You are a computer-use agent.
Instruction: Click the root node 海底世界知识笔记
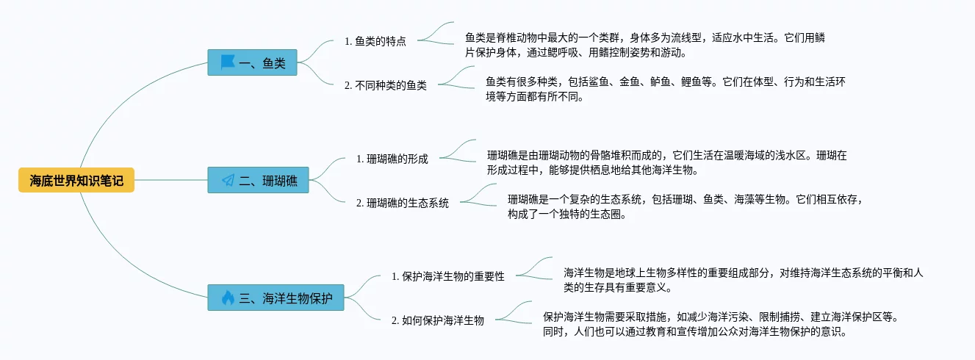[x=76, y=179]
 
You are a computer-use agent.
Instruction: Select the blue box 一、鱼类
[x=252, y=63]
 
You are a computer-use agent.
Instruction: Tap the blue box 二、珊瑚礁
[x=258, y=180]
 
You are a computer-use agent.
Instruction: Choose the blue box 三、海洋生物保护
[x=276, y=298]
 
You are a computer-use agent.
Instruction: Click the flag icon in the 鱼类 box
[x=228, y=63]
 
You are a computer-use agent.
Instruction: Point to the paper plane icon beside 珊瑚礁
[x=228, y=180]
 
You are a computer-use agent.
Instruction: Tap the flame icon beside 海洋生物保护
[x=228, y=298]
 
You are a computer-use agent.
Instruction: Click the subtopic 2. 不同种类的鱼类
[x=385, y=85]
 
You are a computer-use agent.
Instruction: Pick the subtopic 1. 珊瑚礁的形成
[x=392, y=159]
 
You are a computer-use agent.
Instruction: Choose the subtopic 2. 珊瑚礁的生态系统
[x=402, y=203]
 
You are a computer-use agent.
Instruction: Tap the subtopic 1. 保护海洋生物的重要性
[x=447, y=276]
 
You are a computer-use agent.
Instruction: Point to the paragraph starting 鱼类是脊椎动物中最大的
[x=650, y=45]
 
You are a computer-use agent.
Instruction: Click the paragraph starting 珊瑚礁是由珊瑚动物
[x=666, y=162]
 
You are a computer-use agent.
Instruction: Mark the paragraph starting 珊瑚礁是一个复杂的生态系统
[x=684, y=206]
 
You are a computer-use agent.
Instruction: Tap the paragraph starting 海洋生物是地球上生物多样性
[x=743, y=280]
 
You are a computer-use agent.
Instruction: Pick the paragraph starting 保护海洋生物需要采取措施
[x=720, y=324]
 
